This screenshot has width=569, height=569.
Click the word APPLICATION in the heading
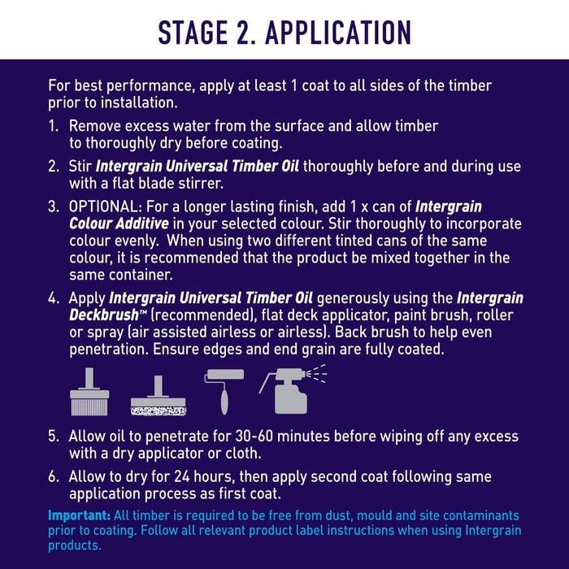[x=338, y=33]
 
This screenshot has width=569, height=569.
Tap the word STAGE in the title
[x=193, y=33]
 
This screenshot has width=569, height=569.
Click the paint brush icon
[x=89, y=392]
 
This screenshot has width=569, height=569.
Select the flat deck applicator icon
[x=159, y=396]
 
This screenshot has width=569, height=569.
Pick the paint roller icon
[x=224, y=392]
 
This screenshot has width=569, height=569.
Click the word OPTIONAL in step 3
[x=103, y=206]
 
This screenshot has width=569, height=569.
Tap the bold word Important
[x=79, y=515]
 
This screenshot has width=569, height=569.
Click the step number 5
[x=53, y=437]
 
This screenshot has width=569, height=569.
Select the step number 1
[x=53, y=126]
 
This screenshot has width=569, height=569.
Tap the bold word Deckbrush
[x=104, y=315]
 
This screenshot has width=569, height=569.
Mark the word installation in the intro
[x=139, y=102]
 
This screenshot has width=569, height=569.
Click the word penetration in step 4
[x=108, y=350]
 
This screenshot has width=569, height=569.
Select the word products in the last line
[x=75, y=545]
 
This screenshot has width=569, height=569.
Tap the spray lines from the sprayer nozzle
[x=316, y=374]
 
